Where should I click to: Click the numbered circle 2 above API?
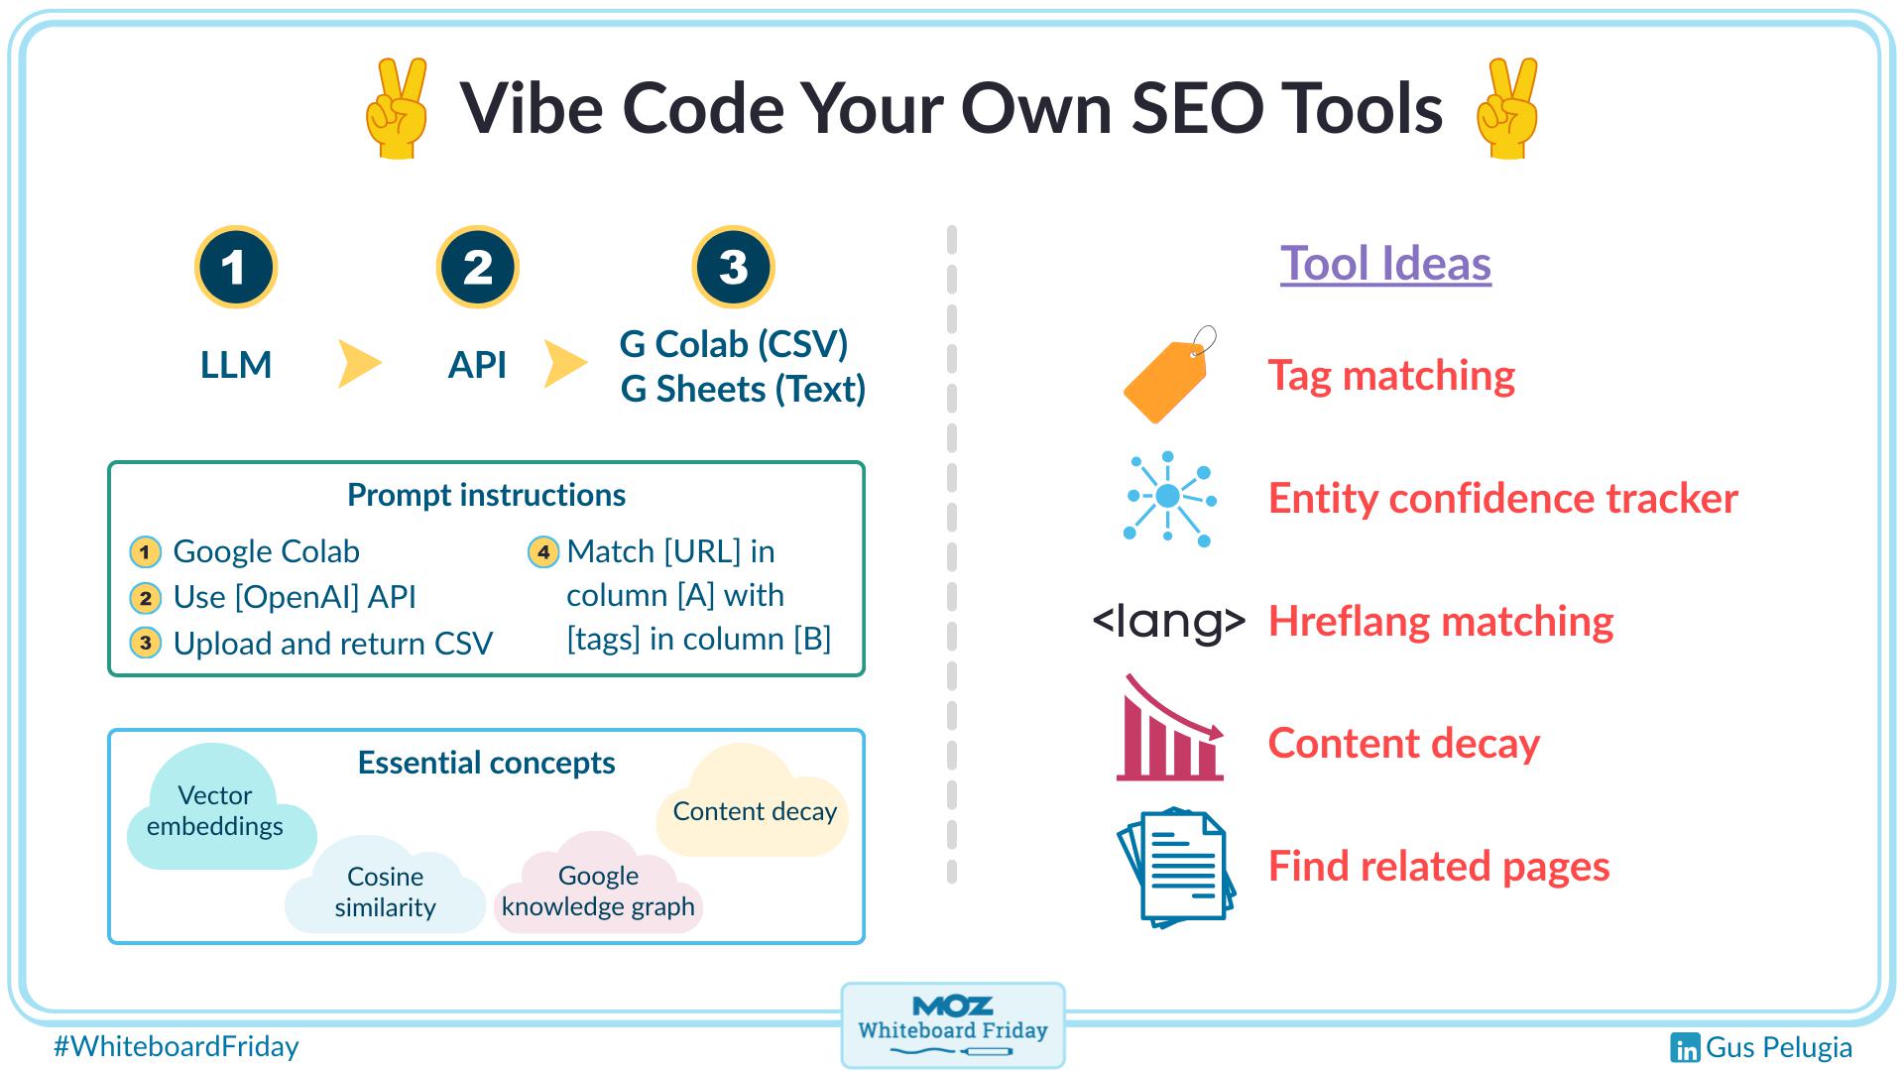point(477,268)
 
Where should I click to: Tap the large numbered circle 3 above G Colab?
point(733,268)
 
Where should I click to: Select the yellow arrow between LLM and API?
point(358,364)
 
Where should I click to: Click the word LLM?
point(236,365)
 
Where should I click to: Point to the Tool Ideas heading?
point(1385,264)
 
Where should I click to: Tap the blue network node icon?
point(1169,498)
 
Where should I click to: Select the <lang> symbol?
point(1168,621)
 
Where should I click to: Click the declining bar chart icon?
point(1169,731)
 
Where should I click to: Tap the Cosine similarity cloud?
point(385,891)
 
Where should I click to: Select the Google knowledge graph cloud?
point(598,891)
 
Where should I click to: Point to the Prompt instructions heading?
point(486,495)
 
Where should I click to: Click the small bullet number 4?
point(542,551)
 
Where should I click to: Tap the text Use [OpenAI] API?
point(295,597)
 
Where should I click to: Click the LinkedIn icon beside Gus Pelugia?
point(1685,1048)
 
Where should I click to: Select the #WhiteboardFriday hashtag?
point(176,1046)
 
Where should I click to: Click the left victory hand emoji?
point(397,108)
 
